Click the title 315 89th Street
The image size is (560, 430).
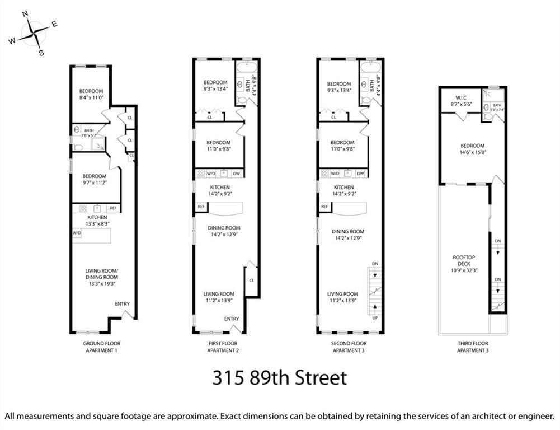pyautogui.click(x=279, y=377)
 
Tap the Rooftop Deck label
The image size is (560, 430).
pyautogui.click(x=465, y=260)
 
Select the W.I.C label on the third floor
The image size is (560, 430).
pyautogui.click(x=461, y=97)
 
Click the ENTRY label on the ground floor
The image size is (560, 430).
pyautogui.click(x=122, y=304)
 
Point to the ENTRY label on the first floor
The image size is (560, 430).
pyautogui.click(x=231, y=319)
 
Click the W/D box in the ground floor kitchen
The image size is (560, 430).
pyautogui.click(x=77, y=232)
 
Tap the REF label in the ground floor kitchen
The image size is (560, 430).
pyautogui.click(x=112, y=208)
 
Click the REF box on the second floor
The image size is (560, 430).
pyautogui.click(x=324, y=207)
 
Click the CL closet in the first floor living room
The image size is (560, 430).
pyautogui.click(x=251, y=280)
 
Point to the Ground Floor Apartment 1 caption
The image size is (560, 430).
pyautogui.click(x=101, y=347)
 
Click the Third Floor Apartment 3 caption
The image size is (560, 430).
pyautogui.click(x=473, y=347)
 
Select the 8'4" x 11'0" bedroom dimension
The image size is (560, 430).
pyautogui.click(x=91, y=98)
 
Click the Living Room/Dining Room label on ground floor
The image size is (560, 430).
pyautogui.click(x=101, y=274)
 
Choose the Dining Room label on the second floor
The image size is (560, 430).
pyautogui.click(x=347, y=231)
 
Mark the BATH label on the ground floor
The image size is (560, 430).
pyautogui.click(x=89, y=130)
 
